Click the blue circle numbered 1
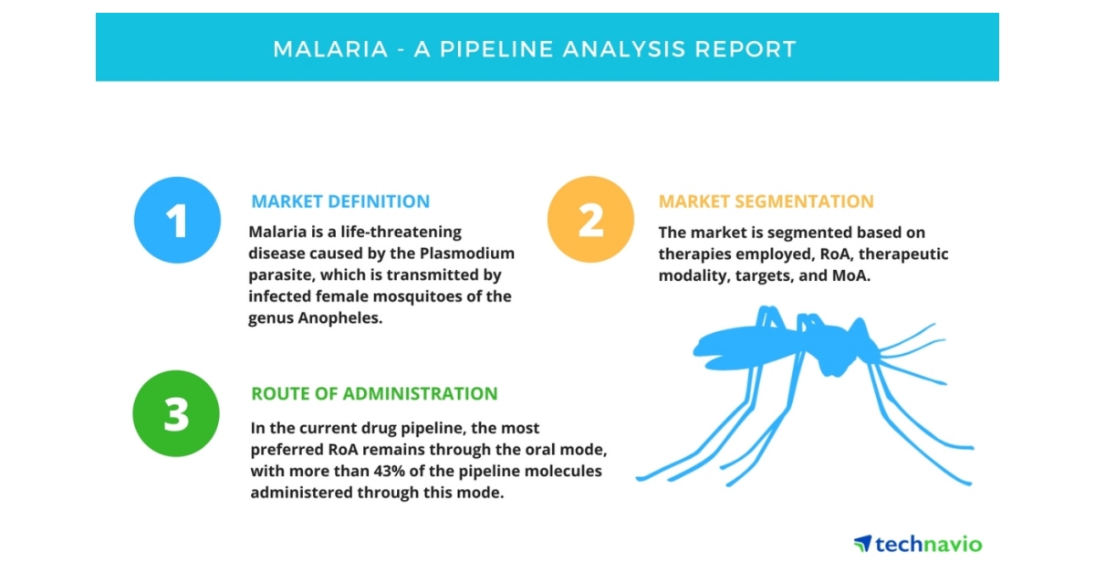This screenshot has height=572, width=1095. click(177, 220)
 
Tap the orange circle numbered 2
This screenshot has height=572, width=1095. click(590, 220)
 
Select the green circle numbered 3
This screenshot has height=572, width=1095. click(176, 413)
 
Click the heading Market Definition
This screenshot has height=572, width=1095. click(340, 202)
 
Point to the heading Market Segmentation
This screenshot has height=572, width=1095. click(766, 202)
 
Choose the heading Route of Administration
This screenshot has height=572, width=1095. click(374, 394)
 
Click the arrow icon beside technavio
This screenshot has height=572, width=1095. click(862, 544)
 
